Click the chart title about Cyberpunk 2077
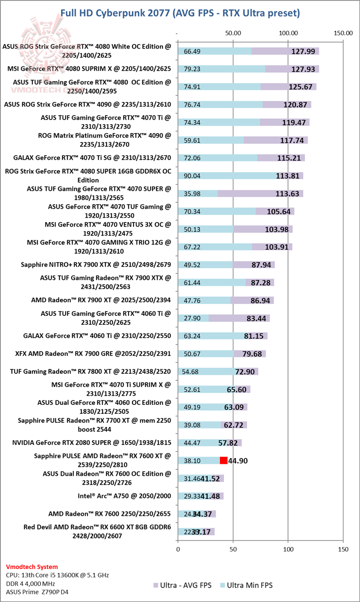180,12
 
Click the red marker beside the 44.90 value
223,460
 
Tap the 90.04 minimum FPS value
192,176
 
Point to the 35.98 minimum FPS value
192,194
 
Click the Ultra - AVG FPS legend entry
185,584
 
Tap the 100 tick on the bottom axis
288,549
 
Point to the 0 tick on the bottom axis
178,549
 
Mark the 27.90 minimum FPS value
192,318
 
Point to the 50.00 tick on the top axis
233,33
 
